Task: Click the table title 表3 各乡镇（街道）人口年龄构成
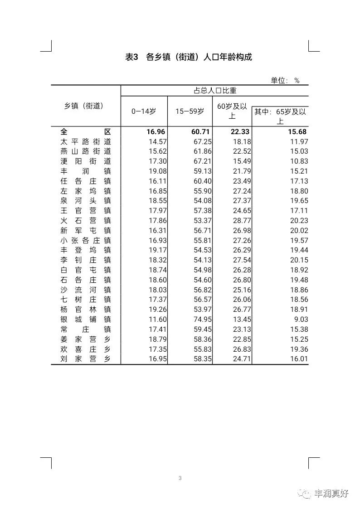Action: pyautogui.click(x=188, y=57)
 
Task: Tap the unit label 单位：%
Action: pyautogui.click(x=285, y=80)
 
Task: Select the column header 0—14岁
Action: pyautogui.click(x=144, y=111)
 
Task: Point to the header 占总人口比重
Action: pyautogui.click(x=215, y=91)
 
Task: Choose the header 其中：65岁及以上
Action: pyautogui.click(x=280, y=116)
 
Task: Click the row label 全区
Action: pyautogui.click(x=86, y=131)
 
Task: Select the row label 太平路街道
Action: pyautogui.click(x=86, y=141)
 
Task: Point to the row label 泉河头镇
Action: pyautogui.click(x=86, y=201)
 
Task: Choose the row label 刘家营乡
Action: pyautogui.click(x=86, y=359)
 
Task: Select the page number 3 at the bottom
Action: pyautogui.click(x=180, y=478)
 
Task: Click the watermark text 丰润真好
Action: pyautogui.click(x=331, y=494)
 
